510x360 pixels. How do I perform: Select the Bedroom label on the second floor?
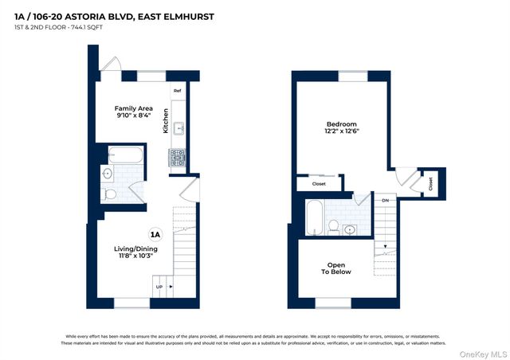tap(342, 128)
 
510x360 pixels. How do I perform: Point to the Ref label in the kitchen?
tap(178, 92)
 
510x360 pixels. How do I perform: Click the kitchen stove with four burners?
tap(178, 158)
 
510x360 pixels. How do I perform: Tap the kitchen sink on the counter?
tap(178, 127)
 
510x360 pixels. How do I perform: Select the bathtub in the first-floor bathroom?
tap(125, 155)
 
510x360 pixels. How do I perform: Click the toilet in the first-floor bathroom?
tap(110, 193)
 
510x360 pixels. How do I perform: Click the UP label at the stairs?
tap(159, 288)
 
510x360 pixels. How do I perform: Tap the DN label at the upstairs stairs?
tap(385, 200)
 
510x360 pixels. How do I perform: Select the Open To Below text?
tap(335, 268)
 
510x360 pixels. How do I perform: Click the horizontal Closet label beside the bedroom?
tap(319, 184)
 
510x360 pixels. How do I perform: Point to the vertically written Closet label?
tap(430, 183)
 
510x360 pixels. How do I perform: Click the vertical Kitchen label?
tap(167, 120)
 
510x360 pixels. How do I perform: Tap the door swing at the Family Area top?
tap(113, 65)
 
